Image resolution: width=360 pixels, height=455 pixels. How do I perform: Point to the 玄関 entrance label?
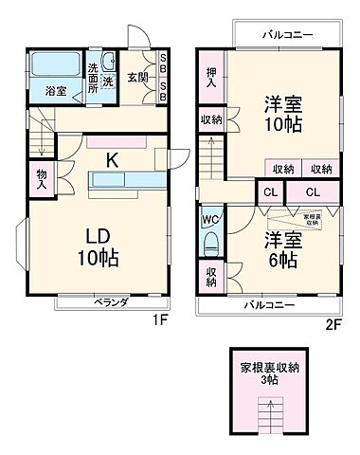(138, 78)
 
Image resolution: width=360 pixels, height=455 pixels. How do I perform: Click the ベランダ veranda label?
(111, 302)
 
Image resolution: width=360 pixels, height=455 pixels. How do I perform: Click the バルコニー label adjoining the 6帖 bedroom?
(268, 305)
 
